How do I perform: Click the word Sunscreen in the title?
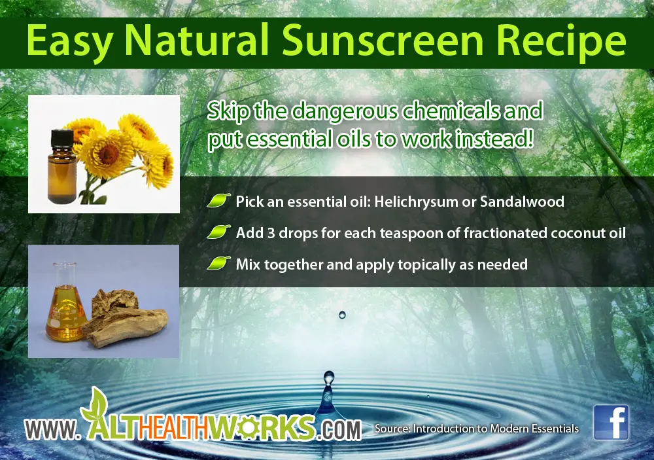[x=382, y=41]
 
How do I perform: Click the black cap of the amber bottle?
[x=61, y=141]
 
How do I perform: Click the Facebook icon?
[x=611, y=422]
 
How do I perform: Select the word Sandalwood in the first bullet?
[x=522, y=202]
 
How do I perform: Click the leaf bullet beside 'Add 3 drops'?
[x=218, y=232]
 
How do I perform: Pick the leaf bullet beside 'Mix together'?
[x=218, y=264]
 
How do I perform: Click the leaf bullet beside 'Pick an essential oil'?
[x=218, y=201]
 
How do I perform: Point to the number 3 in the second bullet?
[x=271, y=234]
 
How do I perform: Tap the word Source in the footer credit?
[x=392, y=429]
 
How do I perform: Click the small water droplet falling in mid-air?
[x=343, y=314]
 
